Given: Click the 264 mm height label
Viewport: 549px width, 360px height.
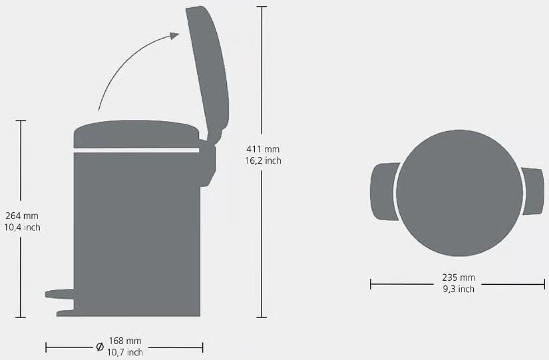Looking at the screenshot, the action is point(22,216).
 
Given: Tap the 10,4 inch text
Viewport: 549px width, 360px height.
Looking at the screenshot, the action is point(22,228).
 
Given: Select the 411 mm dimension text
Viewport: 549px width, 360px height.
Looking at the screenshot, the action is point(263,149).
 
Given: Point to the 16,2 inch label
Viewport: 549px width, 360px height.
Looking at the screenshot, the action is point(263,160).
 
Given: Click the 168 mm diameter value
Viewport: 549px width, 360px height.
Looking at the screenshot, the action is point(125,341).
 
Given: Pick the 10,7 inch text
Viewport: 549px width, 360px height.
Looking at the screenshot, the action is point(125,352).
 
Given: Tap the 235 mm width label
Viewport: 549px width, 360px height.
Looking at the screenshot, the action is point(458,277).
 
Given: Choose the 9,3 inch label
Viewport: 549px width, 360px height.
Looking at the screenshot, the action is point(458,289).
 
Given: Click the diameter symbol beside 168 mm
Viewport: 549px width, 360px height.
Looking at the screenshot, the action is point(100,347).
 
